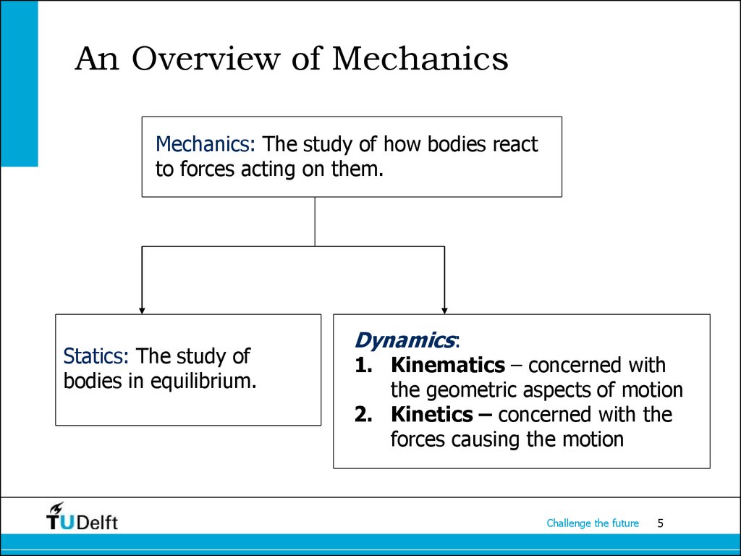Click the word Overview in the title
206,59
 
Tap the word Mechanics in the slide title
420,59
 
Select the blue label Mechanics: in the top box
205,144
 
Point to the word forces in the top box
207,169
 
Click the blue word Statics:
96,356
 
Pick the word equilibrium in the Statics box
203,381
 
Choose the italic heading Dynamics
405,340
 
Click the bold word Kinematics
448,365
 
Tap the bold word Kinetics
431,414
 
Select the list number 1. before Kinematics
364,365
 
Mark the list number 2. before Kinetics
364,415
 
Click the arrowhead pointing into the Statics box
142,311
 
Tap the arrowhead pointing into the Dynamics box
444,311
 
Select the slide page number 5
660,523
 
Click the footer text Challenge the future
593,523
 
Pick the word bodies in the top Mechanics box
457,144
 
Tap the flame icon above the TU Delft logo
56,507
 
